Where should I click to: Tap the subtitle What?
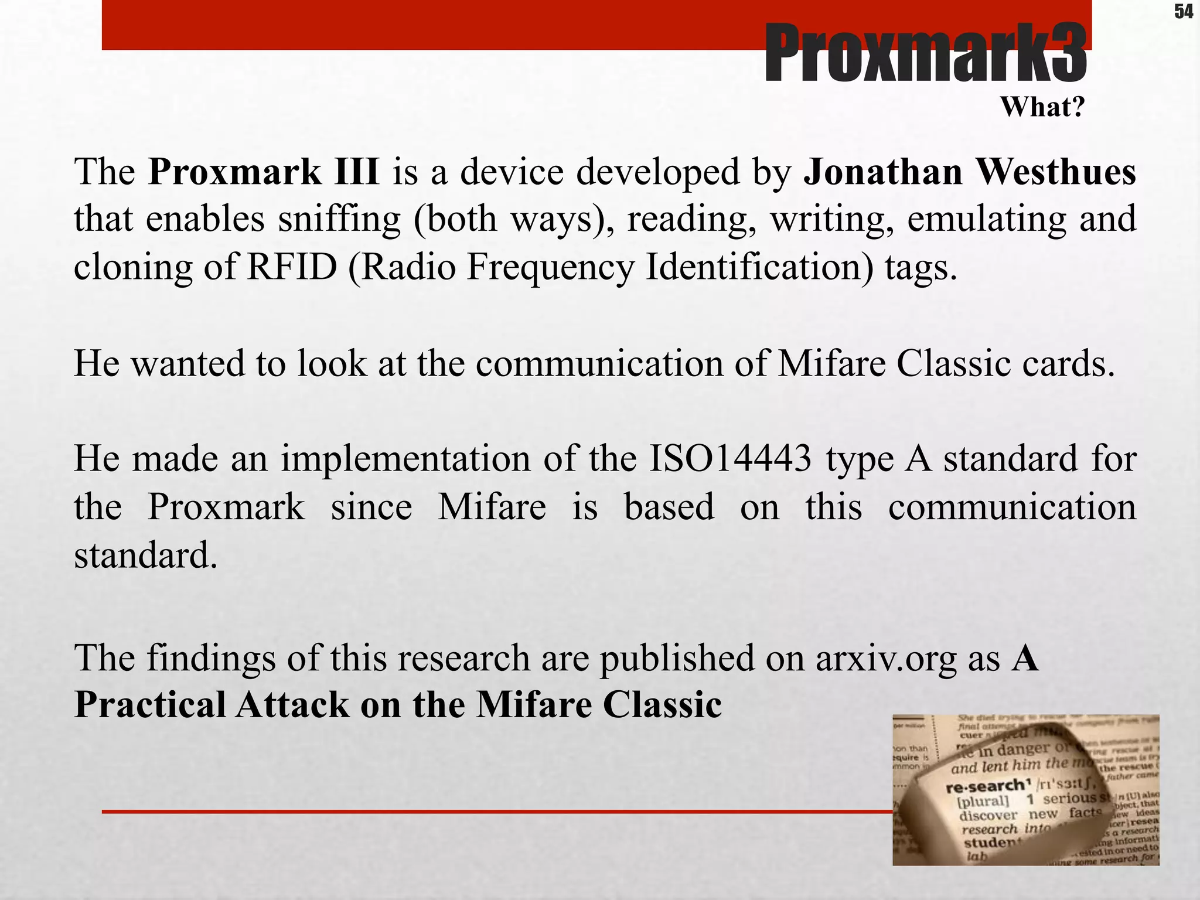(1042, 107)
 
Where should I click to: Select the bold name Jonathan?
(882, 172)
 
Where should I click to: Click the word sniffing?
(339, 220)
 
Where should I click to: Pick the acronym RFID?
(292, 267)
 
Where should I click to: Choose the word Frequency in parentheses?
(550, 268)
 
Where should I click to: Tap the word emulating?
(987, 220)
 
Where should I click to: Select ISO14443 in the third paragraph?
(730, 459)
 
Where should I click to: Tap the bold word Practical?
(150, 705)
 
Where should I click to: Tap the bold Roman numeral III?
(357, 172)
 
